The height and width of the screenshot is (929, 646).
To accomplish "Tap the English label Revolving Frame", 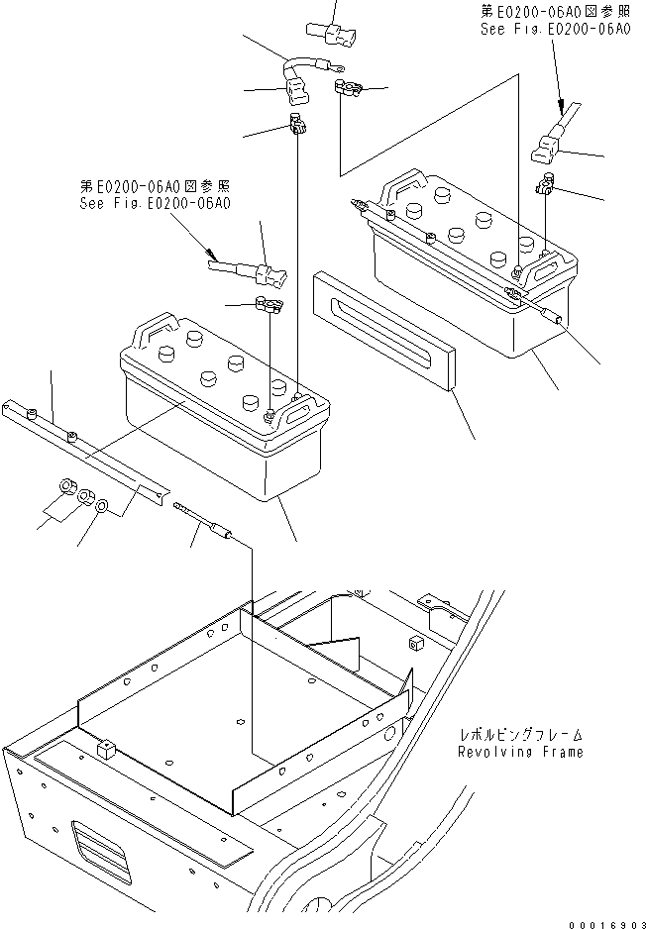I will (x=520, y=752).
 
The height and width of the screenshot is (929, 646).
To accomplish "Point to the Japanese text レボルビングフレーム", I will (x=520, y=736).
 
